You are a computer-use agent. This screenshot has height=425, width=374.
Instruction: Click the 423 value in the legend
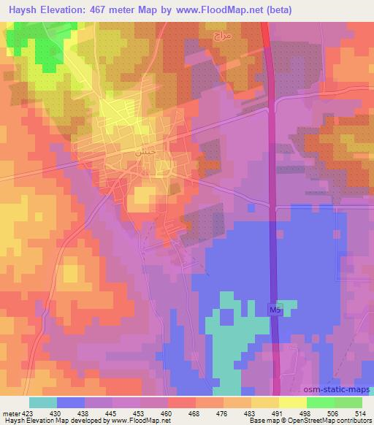[x=26, y=413]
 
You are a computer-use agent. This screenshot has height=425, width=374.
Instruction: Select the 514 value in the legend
[x=361, y=413]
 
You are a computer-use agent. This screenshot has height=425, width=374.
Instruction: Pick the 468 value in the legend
[x=194, y=413]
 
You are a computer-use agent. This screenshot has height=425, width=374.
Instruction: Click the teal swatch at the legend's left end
[x=43, y=402]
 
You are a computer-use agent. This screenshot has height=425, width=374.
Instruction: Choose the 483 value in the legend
[x=250, y=413]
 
